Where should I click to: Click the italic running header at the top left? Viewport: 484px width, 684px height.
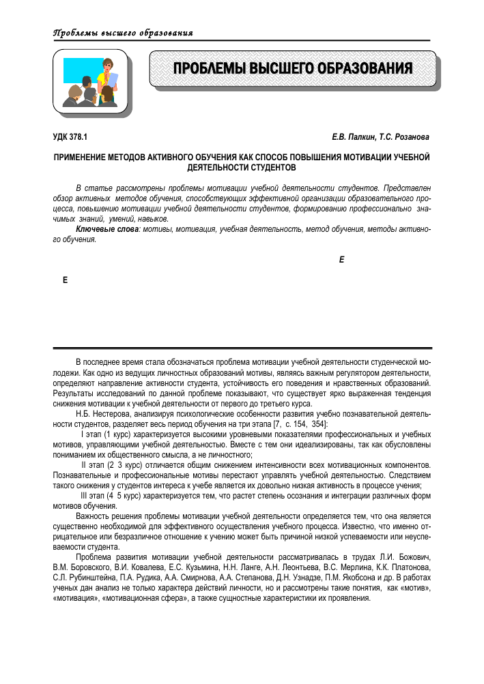122,33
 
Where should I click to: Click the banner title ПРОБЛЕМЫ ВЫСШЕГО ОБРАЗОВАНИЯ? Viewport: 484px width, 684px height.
293,69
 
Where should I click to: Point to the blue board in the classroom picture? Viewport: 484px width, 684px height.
80,71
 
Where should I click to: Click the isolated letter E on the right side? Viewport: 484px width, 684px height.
341,261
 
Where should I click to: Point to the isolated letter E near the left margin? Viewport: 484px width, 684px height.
65,280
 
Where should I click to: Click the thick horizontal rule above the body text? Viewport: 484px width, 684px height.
242,348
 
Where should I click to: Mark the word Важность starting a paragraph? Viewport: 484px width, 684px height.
91,516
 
